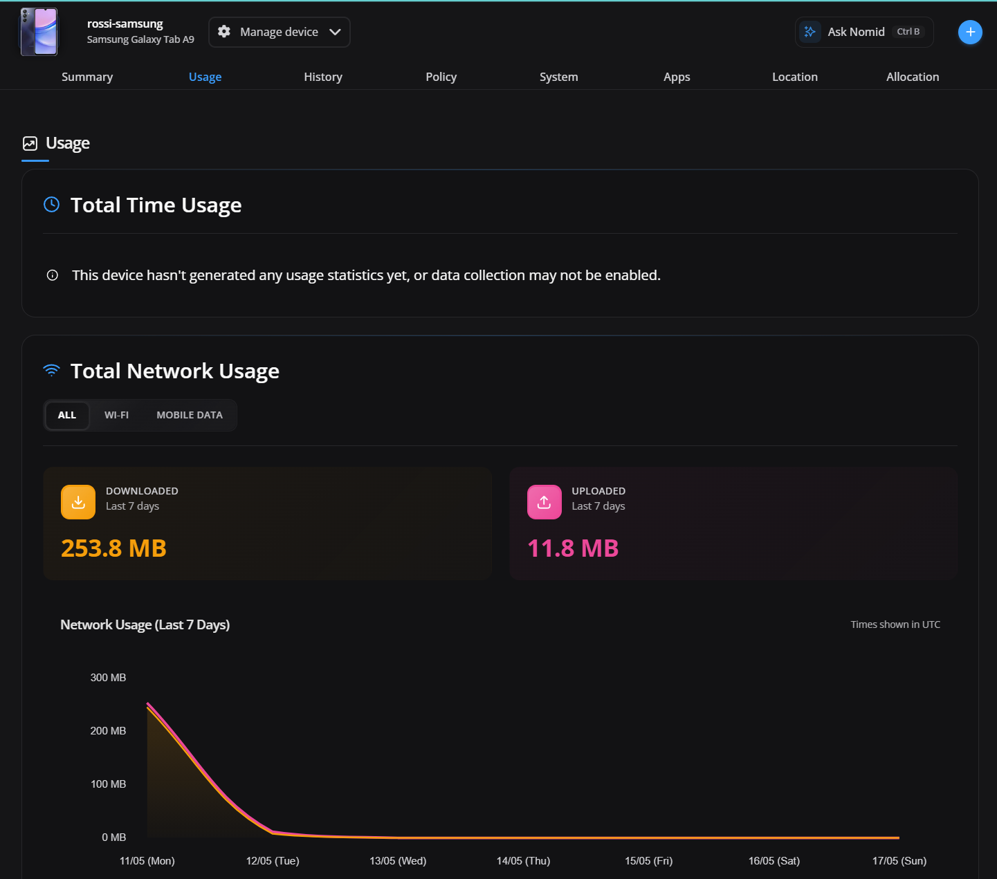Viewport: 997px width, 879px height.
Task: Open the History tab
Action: point(323,77)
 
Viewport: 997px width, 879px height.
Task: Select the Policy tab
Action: point(441,77)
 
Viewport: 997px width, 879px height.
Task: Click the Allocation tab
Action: point(913,77)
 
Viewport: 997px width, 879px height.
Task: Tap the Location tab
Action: point(795,77)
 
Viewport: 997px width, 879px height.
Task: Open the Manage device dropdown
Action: point(280,32)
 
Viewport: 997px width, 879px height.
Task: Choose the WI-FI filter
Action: point(117,415)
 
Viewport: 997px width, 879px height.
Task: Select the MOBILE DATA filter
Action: point(190,415)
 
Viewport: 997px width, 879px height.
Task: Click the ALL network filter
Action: point(67,415)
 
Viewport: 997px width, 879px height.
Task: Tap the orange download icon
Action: point(78,501)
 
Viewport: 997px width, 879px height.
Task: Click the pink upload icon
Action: point(545,501)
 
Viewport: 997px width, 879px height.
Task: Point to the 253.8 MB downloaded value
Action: point(113,548)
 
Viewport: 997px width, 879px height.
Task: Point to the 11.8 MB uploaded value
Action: point(573,548)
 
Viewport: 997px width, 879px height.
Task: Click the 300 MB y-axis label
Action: point(108,677)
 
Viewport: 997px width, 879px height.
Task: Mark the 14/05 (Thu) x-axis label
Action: point(523,861)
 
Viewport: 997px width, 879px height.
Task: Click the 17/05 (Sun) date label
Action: point(899,861)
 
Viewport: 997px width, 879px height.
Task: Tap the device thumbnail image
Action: point(39,32)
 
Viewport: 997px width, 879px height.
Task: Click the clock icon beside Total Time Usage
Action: point(52,205)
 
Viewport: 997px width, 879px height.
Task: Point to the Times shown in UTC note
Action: point(895,624)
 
